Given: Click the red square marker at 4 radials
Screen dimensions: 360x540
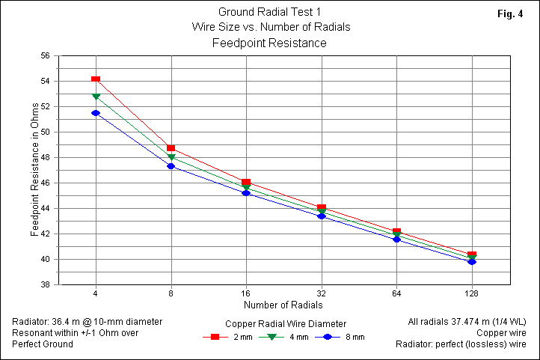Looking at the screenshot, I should click(96, 79).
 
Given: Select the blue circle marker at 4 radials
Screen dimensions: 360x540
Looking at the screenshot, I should click(96, 113).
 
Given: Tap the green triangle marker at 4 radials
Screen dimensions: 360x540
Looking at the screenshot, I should click(96, 97).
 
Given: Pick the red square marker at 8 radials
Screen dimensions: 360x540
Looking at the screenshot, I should click(171, 148).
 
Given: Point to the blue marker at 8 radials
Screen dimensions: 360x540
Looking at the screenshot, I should click(171, 166).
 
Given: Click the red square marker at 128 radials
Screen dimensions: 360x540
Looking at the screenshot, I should click(472, 255).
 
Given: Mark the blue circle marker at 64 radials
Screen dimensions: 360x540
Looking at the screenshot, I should click(396, 240).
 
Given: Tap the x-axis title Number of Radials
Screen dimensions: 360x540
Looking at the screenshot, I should click(283, 305).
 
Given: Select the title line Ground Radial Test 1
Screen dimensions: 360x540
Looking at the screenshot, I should click(270, 12).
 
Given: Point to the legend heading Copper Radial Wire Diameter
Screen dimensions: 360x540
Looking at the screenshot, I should click(285, 323).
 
